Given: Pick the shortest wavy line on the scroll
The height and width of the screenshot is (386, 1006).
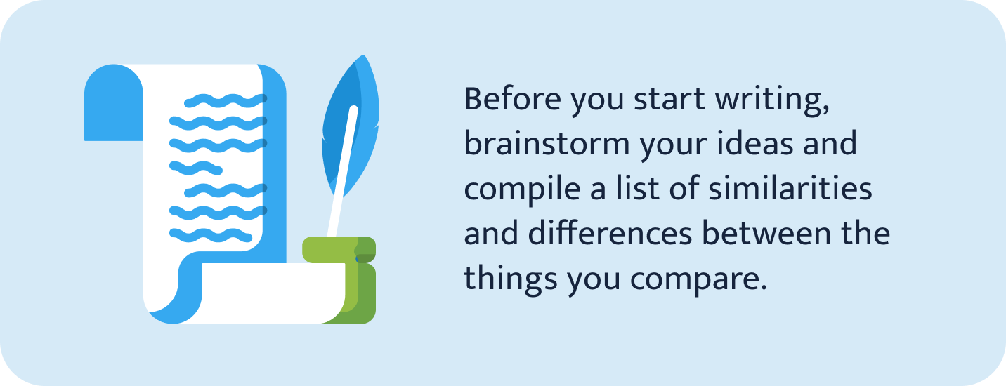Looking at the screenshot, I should pos(196,167).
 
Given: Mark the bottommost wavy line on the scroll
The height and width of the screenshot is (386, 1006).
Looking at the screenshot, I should pos(211,233).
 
